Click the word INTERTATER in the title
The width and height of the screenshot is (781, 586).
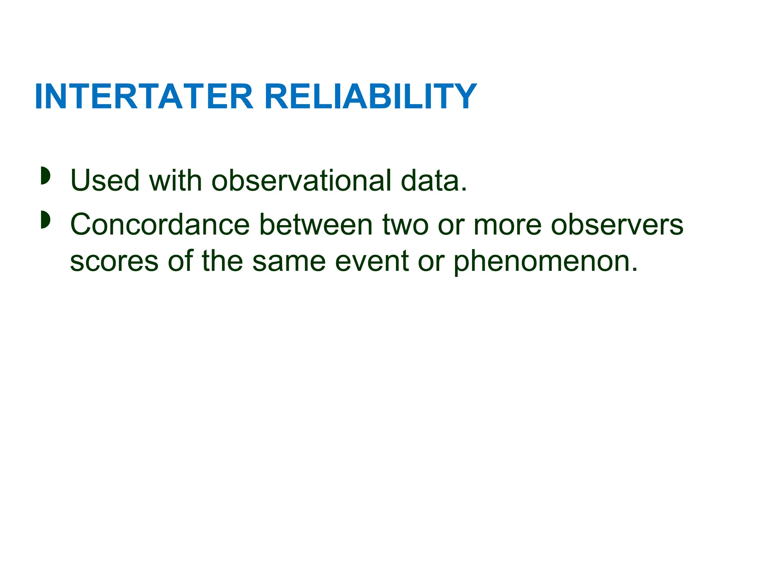tap(144, 97)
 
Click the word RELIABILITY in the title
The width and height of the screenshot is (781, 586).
tap(370, 97)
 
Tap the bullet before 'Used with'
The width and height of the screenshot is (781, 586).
tap(45, 175)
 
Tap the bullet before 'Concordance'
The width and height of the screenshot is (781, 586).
tap(45, 220)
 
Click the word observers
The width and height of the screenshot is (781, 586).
tap(617, 225)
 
